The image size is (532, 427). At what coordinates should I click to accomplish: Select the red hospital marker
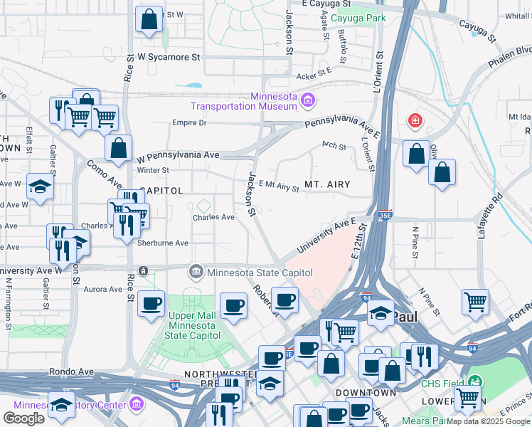click(x=413, y=122)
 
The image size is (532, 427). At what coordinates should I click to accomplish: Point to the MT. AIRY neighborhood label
click(x=327, y=184)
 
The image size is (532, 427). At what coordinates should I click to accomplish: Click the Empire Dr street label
click(x=188, y=123)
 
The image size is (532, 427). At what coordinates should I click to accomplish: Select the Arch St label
click(x=334, y=147)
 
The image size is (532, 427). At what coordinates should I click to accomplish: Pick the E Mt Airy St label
click(x=278, y=186)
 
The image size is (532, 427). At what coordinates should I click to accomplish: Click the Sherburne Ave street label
click(x=162, y=243)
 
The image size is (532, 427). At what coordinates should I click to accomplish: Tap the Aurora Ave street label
click(x=103, y=289)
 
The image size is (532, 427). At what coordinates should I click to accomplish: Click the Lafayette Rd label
click(x=496, y=206)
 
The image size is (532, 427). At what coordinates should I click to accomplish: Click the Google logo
click(x=23, y=418)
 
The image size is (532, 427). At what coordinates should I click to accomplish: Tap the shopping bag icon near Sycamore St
click(x=149, y=21)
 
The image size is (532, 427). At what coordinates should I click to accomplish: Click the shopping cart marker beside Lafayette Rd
click(x=474, y=300)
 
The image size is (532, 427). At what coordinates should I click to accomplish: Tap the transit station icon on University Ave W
click(x=144, y=271)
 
